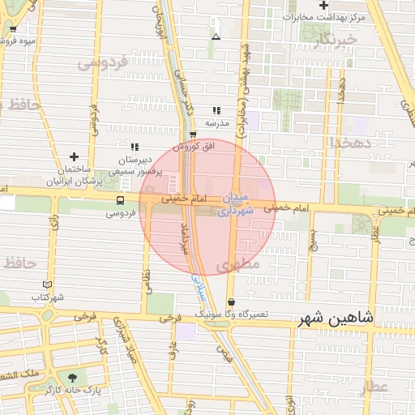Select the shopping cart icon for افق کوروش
192,135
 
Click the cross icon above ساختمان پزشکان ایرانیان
75,156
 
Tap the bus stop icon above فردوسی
120,200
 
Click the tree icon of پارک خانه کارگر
75,378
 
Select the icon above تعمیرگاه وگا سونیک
231,302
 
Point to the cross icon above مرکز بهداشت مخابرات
323,6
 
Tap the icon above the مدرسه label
216,110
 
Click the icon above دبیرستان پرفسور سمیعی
135,147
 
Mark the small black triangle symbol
216,36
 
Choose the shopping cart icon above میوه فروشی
13,31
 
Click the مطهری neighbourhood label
237,264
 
